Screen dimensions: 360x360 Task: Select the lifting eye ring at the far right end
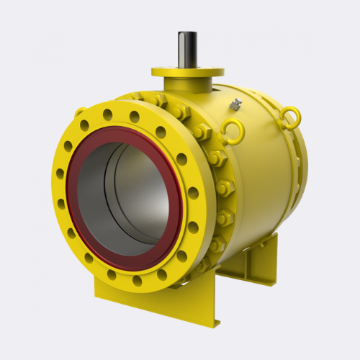click(290, 117)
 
